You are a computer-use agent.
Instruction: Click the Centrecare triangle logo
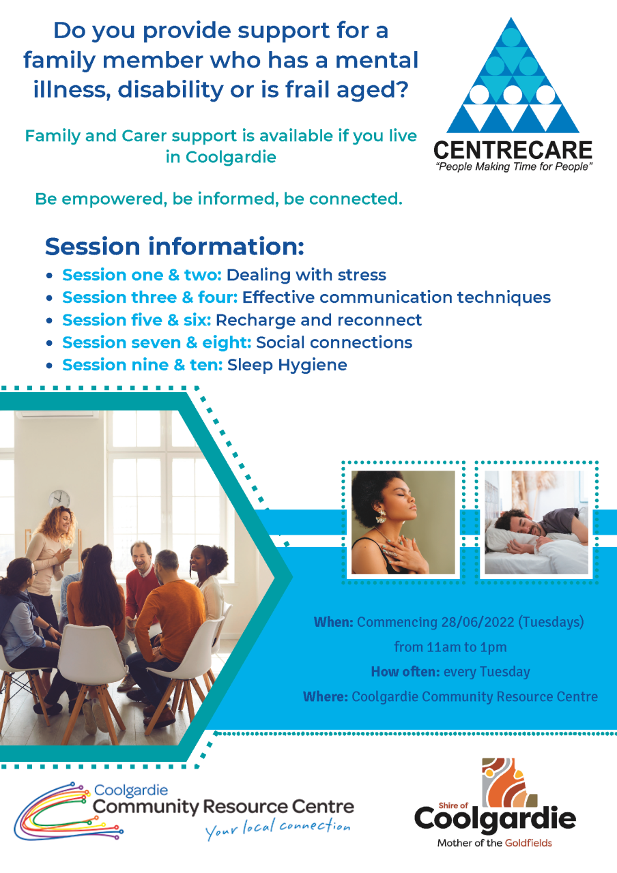point(513,76)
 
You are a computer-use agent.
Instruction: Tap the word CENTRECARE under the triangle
point(513,151)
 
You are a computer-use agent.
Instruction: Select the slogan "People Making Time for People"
point(514,167)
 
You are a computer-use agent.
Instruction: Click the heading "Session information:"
point(174,247)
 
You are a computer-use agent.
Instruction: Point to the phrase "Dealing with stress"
point(306,275)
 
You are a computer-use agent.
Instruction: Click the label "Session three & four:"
point(150,297)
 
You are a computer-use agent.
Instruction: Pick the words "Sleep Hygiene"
point(287,366)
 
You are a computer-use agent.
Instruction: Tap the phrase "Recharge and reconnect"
point(319,321)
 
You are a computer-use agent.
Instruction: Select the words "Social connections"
point(334,342)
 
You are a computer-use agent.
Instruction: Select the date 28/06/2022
point(478,621)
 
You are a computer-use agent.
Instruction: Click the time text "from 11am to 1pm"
point(450,647)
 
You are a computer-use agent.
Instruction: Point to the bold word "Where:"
point(326,696)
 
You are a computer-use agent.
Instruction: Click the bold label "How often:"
point(405,672)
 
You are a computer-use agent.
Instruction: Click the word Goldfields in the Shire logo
point(528,843)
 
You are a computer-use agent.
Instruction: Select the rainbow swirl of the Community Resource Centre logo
point(68,811)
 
